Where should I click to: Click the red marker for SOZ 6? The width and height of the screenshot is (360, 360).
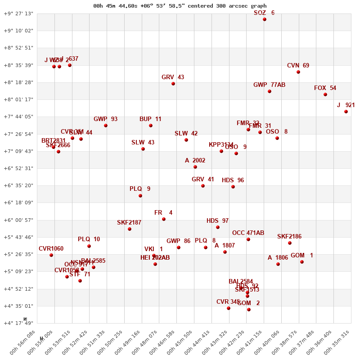click(x=265, y=19)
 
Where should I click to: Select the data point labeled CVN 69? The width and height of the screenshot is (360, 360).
click(x=298, y=72)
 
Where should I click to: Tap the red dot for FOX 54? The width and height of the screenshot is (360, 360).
click(x=325, y=94)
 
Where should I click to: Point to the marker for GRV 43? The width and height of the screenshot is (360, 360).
click(x=173, y=84)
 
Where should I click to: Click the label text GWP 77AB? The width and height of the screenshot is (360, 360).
click(x=269, y=85)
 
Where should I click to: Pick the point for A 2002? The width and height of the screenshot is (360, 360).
click(x=195, y=167)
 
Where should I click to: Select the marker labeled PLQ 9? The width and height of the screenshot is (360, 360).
click(x=140, y=196)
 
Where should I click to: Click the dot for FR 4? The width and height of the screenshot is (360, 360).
click(x=164, y=219)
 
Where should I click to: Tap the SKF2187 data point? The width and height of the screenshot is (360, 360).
click(x=130, y=229)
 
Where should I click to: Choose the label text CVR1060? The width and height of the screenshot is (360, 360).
click(x=51, y=248)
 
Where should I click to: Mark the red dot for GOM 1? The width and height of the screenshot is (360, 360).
click(x=302, y=262)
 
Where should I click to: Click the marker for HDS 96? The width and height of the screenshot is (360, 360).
click(x=233, y=187)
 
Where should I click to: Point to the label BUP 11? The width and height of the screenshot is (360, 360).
click(x=150, y=119)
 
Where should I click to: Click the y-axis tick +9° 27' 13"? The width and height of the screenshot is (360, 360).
click(x=18, y=13)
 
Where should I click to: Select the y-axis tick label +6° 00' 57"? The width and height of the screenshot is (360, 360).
click(x=18, y=220)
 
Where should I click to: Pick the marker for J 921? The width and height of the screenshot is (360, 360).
click(x=346, y=112)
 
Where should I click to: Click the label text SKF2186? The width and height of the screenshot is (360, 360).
click(x=289, y=236)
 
